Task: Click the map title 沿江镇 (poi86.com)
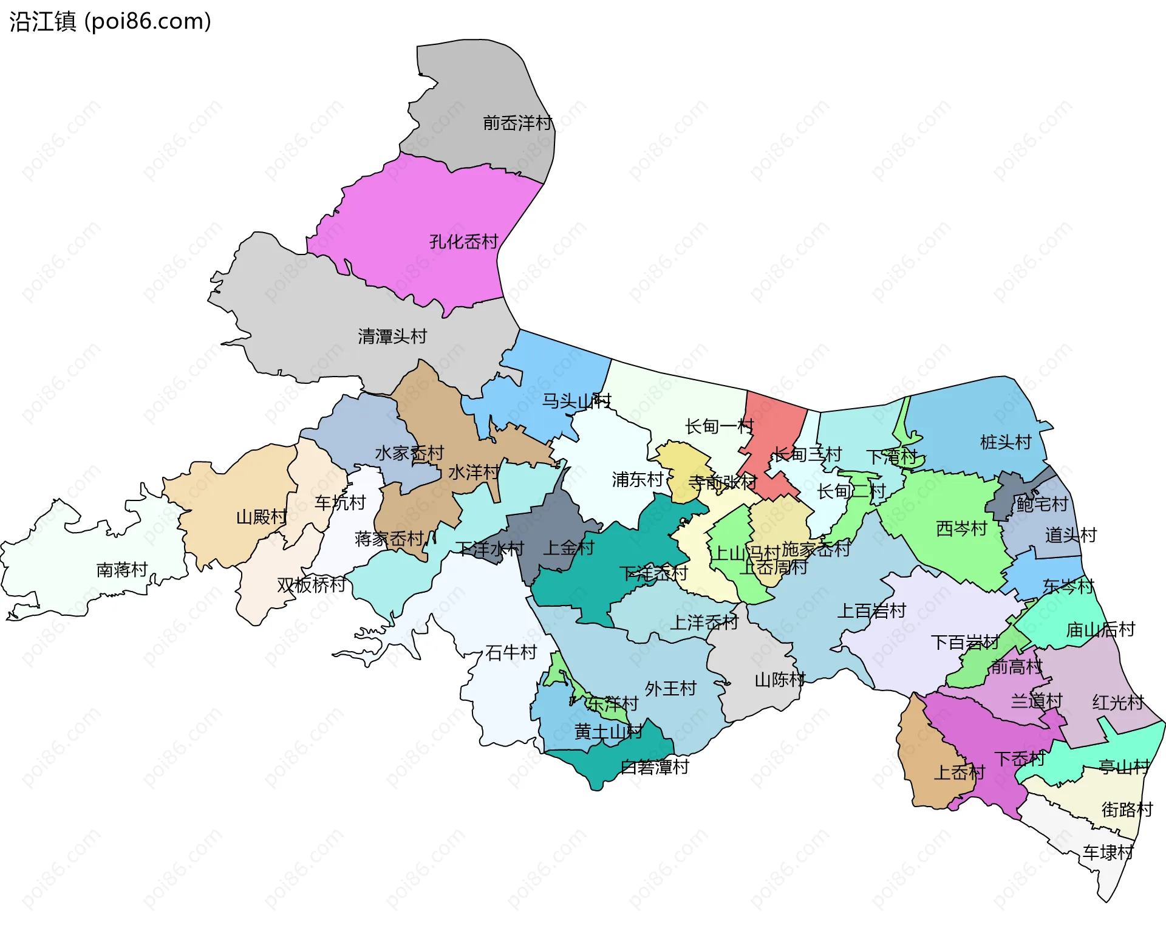pos(110,21)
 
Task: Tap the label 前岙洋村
pos(517,123)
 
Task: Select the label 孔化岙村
pos(463,242)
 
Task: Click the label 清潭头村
pos(392,336)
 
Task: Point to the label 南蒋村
pos(122,570)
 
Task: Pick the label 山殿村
pos(261,517)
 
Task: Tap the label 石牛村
pos(511,652)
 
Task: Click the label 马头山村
pos(576,401)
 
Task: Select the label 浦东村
pos(637,479)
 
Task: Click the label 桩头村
pos(1006,442)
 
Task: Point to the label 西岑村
pos(961,528)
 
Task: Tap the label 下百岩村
pos(964,642)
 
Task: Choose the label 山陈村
pos(780,680)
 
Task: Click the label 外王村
pos(670,689)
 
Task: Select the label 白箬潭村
pos(655,767)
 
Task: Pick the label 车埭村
pos(1108,853)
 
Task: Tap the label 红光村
pos(1117,703)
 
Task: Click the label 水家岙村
pos(409,453)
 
